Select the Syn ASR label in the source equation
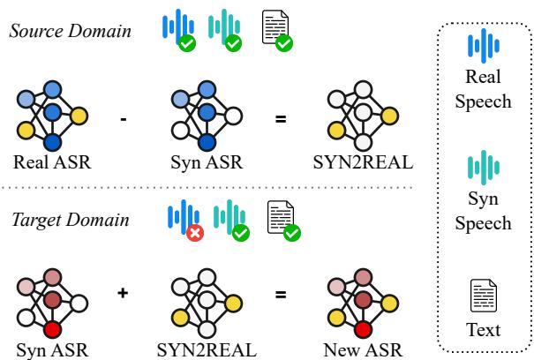coord(206,162)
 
